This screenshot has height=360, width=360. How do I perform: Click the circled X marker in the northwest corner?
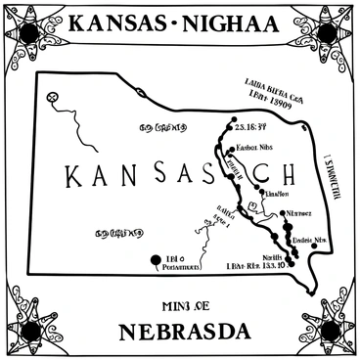click(54, 97)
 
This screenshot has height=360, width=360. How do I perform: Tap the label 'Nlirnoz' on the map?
click(298, 212)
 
